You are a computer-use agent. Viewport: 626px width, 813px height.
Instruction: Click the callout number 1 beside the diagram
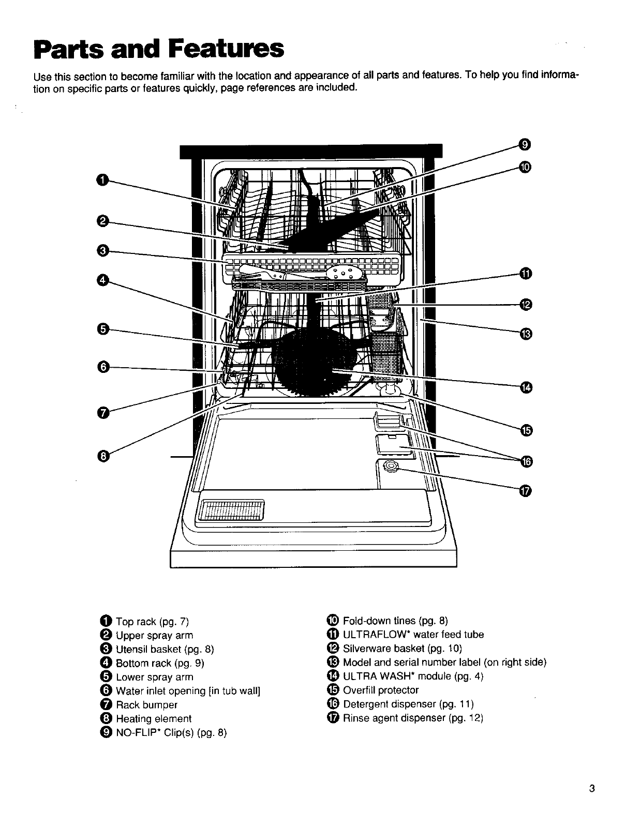click(x=102, y=180)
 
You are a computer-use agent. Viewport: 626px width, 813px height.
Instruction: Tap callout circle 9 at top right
click(x=525, y=144)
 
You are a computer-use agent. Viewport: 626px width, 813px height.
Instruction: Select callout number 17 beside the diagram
click(x=525, y=491)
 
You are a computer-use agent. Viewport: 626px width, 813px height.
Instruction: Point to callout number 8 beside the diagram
click(x=103, y=457)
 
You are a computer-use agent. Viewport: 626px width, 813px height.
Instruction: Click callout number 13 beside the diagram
click(x=526, y=334)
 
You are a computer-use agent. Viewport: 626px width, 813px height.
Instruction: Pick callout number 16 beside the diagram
click(x=526, y=462)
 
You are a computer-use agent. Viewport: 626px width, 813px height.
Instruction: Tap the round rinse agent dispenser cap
click(x=391, y=466)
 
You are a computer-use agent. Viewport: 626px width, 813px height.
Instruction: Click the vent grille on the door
click(x=231, y=510)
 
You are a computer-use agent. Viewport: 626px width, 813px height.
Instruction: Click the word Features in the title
click(x=226, y=49)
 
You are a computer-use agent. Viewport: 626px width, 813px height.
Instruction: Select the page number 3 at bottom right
click(x=591, y=786)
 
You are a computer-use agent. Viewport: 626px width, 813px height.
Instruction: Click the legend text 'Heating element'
click(x=154, y=719)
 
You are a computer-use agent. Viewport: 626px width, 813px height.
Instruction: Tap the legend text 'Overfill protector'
click(x=381, y=690)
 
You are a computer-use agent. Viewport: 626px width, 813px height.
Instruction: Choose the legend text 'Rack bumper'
click(x=147, y=705)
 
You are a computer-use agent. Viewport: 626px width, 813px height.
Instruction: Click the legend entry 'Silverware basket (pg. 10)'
click(x=402, y=649)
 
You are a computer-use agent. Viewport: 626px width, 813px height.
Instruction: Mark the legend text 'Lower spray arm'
click(x=155, y=677)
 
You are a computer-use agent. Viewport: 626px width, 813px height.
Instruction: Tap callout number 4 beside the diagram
click(x=102, y=281)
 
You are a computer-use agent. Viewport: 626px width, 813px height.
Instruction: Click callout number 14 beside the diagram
click(x=526, y=387)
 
